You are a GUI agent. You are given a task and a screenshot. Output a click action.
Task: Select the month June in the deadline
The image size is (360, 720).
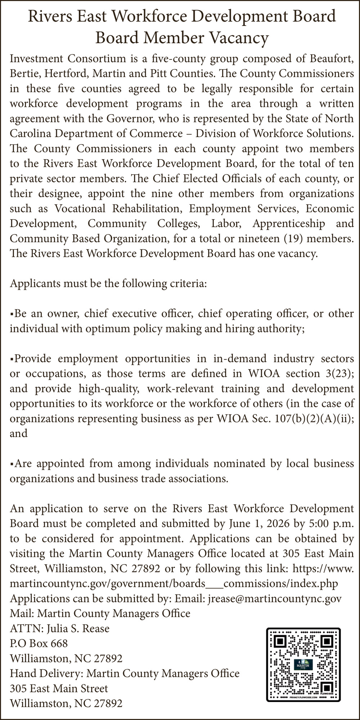tap(239, 523)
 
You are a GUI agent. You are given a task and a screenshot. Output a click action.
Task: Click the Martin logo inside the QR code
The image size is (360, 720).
tap(303, 665)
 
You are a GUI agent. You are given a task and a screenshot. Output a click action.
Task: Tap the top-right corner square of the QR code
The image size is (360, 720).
tap(327, 642)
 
